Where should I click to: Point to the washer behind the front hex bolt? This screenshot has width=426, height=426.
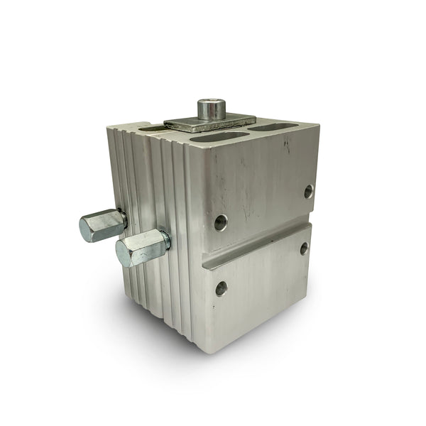(165, 241)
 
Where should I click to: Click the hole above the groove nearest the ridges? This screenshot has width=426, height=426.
(221, 222)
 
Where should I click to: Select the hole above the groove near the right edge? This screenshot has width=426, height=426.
(308, 191)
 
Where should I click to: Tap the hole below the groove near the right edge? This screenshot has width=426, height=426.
(304, 248)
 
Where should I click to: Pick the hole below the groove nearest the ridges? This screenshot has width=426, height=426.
(222, 288)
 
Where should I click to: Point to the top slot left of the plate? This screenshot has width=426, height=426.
(151, 129)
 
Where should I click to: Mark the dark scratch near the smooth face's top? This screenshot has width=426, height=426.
(287, 145)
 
